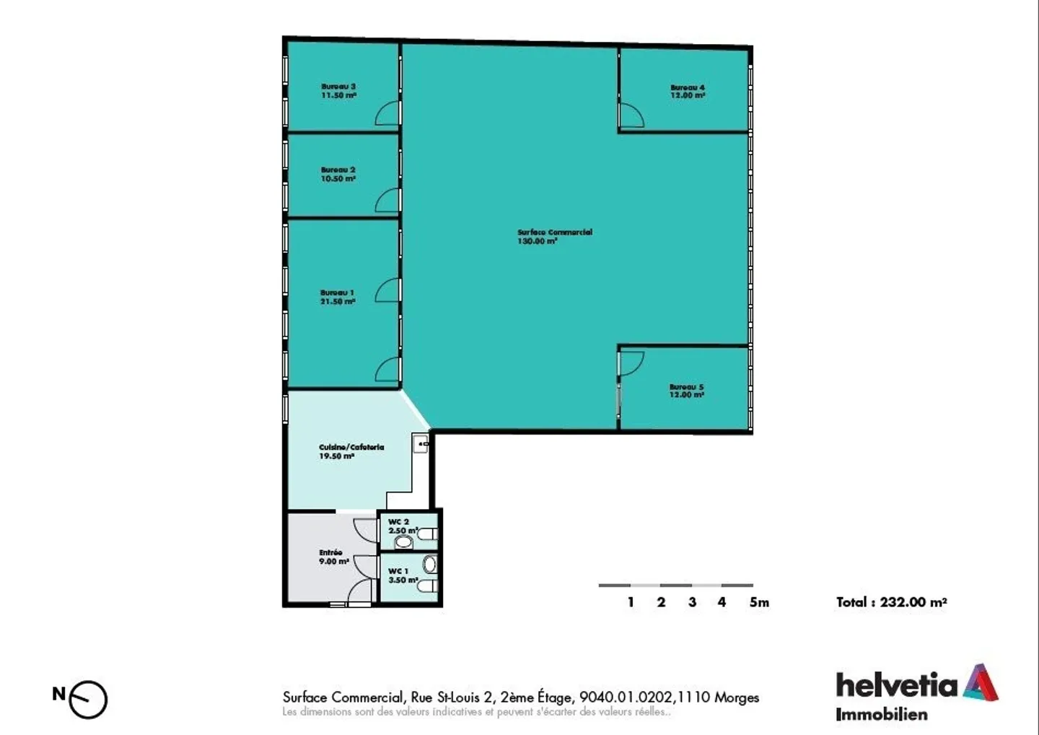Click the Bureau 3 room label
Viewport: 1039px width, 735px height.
click(338, 91)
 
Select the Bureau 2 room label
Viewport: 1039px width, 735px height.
click(338, 174)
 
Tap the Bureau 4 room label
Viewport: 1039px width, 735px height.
click(688, 91)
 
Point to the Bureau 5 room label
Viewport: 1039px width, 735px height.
click(686, 391)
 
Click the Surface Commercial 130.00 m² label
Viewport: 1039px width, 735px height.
click(554, 237)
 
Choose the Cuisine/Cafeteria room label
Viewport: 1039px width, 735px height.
click(351, 451)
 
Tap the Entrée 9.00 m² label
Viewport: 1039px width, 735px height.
click(333, 557)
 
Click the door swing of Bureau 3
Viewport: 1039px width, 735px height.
click(387, 113)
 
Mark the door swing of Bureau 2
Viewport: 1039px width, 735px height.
click(387, 201)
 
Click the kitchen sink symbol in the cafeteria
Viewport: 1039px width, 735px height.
click(421, 443)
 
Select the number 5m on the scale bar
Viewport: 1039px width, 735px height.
click(759, 602)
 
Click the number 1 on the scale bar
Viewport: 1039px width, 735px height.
click(631, 602)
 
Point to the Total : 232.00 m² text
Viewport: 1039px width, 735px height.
click(891, 602)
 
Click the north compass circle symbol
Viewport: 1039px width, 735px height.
click(89, 700)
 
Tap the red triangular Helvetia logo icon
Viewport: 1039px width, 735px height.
click(980, 682)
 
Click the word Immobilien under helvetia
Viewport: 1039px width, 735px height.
click(881, 715)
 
